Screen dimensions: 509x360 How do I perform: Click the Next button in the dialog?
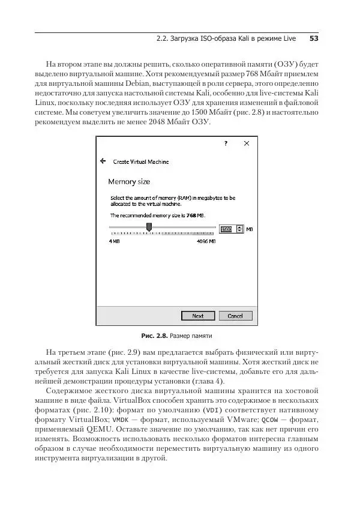tap(197, 316)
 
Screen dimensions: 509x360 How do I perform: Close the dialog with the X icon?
tap(246, 144)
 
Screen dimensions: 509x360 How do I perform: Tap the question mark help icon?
tap(226, 144)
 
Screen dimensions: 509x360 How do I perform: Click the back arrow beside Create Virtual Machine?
tap(103, 161)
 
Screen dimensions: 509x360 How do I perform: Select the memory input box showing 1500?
tap(226, 229)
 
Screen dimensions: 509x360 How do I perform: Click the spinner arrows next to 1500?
tap(240, 229)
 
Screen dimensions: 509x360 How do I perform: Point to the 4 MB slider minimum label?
tap(114, 241)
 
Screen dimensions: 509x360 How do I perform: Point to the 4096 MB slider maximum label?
tap(206, 241)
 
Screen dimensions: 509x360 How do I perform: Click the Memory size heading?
tap(129, 181)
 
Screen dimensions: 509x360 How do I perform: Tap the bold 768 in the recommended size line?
tap(190, 214)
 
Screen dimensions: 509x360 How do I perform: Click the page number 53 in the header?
tap(313, 39)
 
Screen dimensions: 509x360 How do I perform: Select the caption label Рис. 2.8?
tap(154, 335)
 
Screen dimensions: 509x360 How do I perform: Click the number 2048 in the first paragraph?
tap(155, 122)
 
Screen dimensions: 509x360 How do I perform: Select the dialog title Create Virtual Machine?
tap(141, 161)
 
